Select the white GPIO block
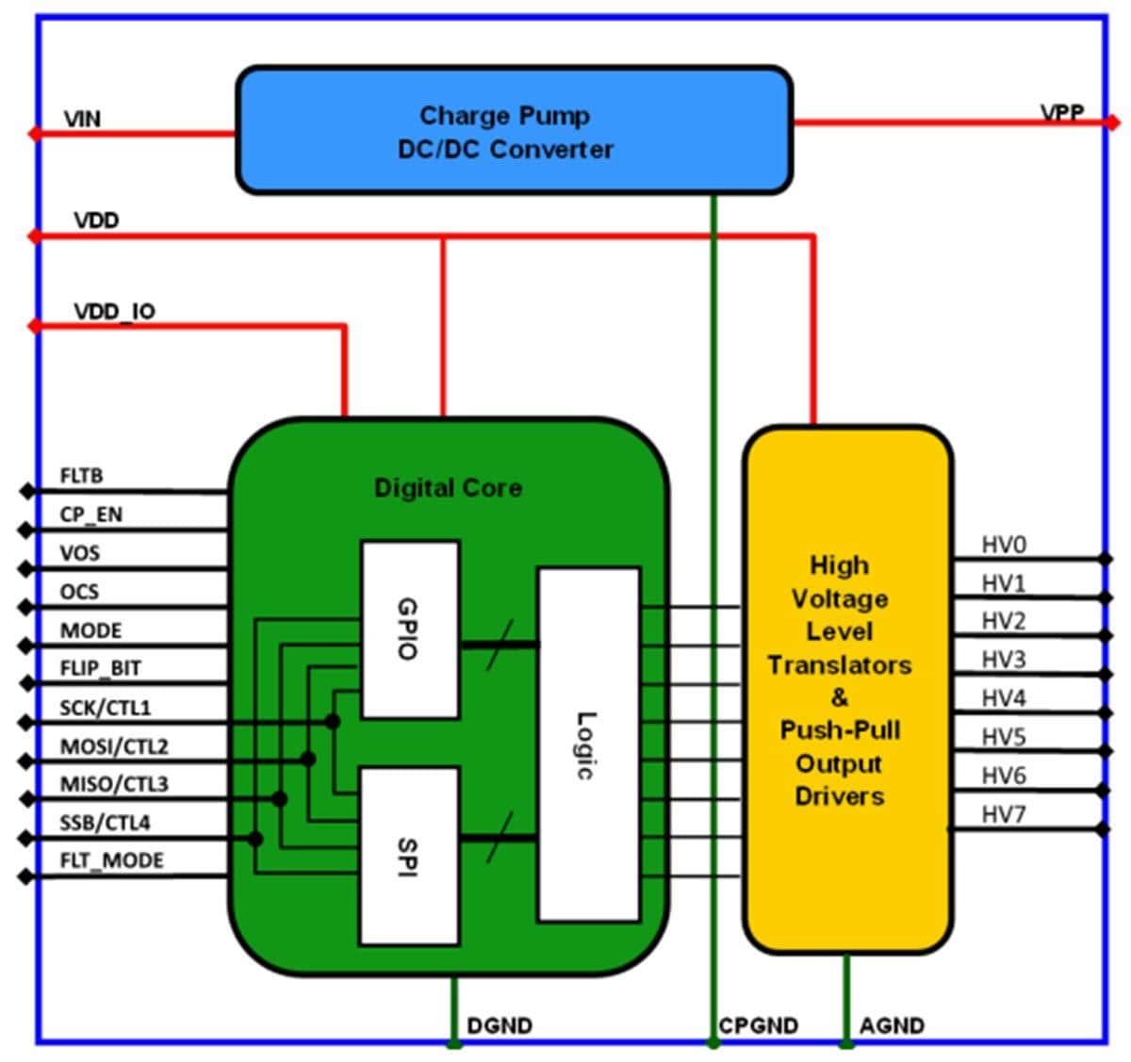click(410, 629)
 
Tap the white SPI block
click(409, 856)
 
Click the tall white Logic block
click(588, 744)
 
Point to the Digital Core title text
click(448, 488)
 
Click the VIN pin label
click(82, 120)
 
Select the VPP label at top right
click(1062, 113)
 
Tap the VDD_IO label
click(114, 311)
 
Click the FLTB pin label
click(81, 476)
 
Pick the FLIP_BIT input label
click(100, 668)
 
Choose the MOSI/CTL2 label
click(114, 746)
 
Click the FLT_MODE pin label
click(111, 860)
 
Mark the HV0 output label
click(1004, 545)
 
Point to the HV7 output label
click(1004, 814)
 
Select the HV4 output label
click(1004, 698)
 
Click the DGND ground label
click(500, 1025)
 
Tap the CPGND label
click(758, 1025)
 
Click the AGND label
click(892, 1025)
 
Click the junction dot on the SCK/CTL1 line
click(332, 722)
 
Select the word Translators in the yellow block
click(839, 665)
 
